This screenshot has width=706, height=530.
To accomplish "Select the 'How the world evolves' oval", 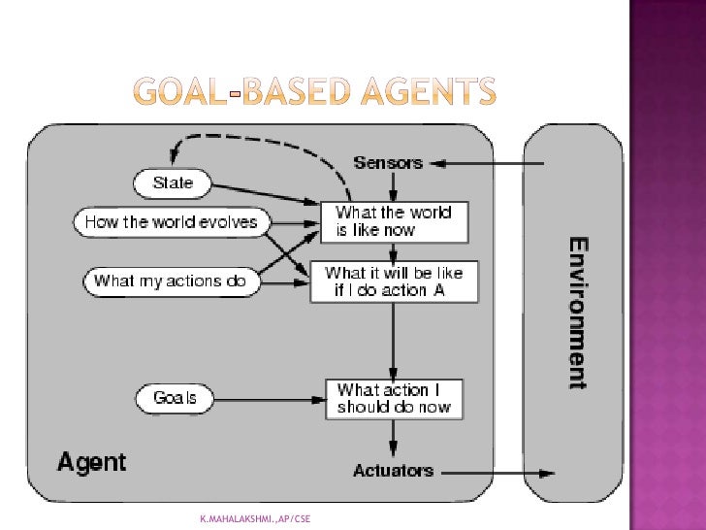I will [x=171, y=222].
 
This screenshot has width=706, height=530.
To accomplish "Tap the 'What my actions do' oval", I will [x=171, y=282].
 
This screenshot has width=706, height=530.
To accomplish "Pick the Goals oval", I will [x=174, y=397].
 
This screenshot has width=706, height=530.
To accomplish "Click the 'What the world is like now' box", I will [x=394, y=222].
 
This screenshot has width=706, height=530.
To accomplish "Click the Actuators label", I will [x=393, y=471].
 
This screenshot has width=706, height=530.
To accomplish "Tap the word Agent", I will [x=92, y=461].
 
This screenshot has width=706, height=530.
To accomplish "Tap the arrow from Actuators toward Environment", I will [x=495, y=473].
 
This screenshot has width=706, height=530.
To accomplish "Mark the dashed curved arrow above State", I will [x=262, y=149].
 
